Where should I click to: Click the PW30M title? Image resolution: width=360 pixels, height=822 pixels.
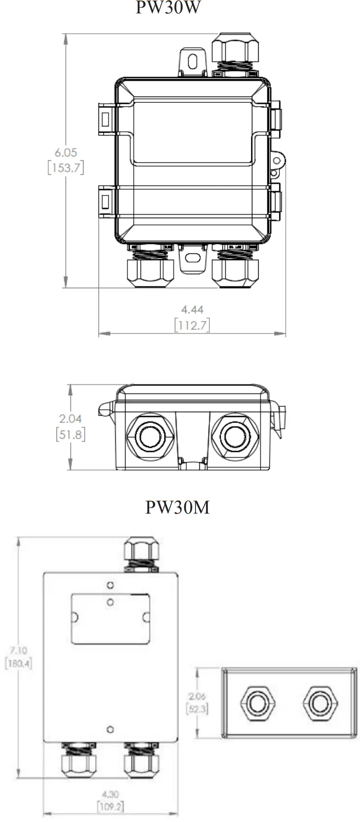coord(178,507)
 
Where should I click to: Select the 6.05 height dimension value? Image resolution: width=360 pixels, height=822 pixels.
coord(66,153)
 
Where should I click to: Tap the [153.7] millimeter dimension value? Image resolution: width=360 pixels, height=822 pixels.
coord(66,168)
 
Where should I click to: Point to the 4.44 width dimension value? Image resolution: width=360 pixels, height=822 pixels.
coord(192,309)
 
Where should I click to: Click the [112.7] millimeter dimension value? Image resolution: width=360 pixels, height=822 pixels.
coord(192,325)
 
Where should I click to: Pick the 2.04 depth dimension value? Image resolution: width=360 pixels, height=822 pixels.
coord(70,418)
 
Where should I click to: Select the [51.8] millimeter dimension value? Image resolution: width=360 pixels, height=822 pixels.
coord(70,434)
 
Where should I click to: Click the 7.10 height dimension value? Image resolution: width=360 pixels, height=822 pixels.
coord(18,651)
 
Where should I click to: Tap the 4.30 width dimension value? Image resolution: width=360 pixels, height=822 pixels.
coord(111,794)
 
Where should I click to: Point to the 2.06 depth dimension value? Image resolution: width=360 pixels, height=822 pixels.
coord(197,697)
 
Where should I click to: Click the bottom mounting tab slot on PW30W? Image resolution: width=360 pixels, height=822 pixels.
coord(193,258)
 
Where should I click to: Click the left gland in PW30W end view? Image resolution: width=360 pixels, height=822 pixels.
coord(150,435)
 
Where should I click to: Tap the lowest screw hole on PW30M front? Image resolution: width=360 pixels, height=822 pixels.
coord(111,729)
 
